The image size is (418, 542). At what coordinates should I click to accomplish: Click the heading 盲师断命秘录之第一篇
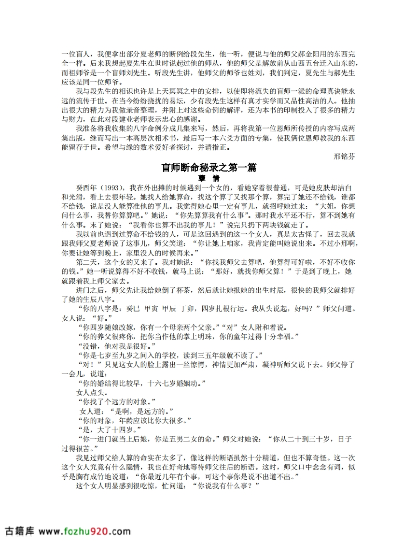click(209, 168)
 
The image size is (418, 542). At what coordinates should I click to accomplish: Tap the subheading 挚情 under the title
click(209, 178)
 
